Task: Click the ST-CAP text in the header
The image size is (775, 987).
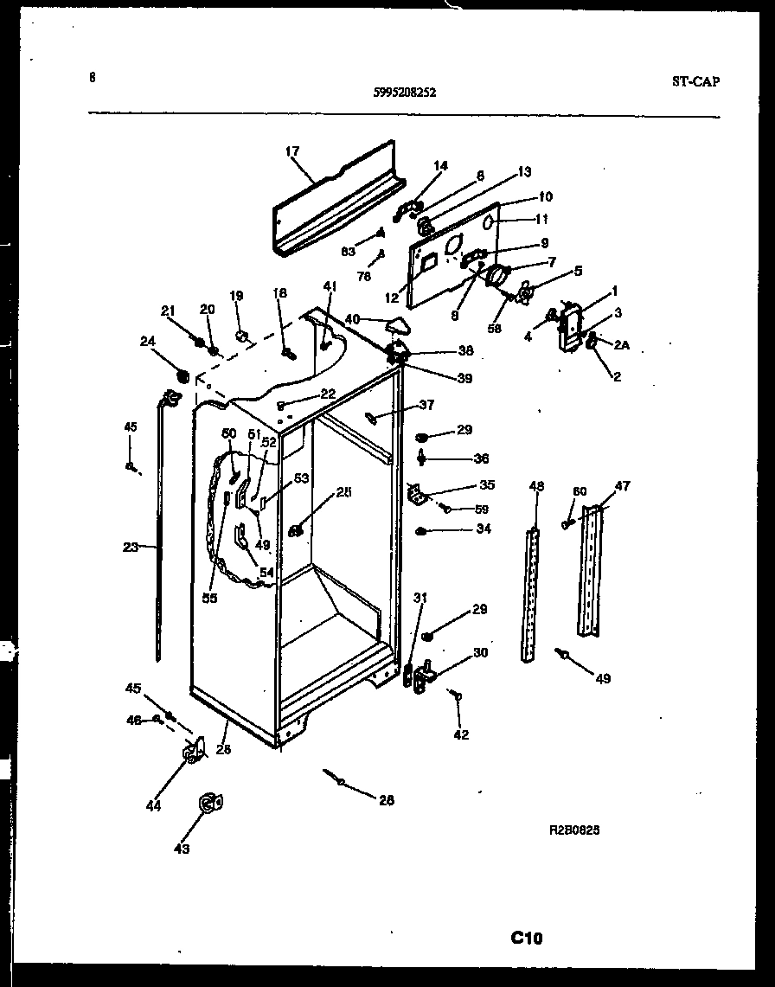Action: (x=695, y=82)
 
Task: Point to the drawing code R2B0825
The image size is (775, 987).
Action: (x=574, y=829)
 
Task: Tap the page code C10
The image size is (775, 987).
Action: (x=527, y=938)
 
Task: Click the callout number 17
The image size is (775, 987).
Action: (x=291, y=151)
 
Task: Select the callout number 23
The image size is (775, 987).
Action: (x=131, y=547)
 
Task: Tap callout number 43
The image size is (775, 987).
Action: (x=181, y=849)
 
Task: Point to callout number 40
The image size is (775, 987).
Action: (x=353, y=318)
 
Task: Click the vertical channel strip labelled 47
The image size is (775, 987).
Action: (x=592, y=571)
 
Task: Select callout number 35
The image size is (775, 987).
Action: (x=486, y=485)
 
